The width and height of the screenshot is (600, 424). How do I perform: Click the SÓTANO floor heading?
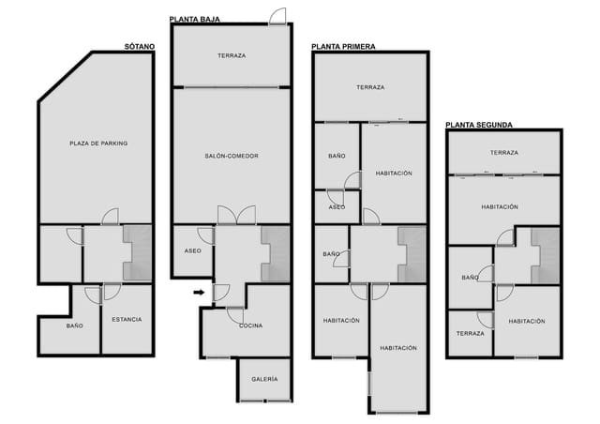[x=140, y=46]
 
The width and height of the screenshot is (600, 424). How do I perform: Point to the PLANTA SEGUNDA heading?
[x=478, y=124]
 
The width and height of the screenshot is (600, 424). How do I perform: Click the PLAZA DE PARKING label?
[x=98, y=144]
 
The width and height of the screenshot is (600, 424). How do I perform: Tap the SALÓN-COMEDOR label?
[x=232, y=156]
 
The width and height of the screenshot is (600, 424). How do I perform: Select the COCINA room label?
[x=250, y=326]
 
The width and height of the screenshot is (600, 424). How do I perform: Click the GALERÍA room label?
[x=264, y=379]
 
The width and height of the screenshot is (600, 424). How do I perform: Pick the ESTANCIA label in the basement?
[x=127, y=320]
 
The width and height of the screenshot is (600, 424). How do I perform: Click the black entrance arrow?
[x=200, y=293]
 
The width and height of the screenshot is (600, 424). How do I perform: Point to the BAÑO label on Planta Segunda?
[x=470, y=278]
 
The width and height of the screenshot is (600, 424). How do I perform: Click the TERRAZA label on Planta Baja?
[x=232, y=56]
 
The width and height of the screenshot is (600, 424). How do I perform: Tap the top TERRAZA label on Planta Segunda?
[x=503, y=152]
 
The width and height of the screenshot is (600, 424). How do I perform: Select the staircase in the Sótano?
[x=138, y=253]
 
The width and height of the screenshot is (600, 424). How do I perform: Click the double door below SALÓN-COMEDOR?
[x=236, y=215]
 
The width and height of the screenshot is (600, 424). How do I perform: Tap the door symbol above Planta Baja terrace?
[x=277, y=17]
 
